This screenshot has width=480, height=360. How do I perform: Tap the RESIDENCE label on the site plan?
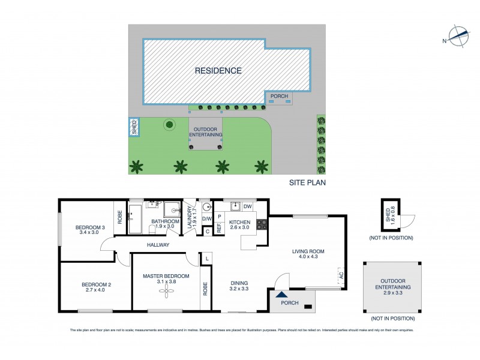(x=218, y=71)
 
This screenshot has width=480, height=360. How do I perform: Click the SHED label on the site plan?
(x=134, y=127)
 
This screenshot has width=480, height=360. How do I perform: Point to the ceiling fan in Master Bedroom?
(x=166, y=292)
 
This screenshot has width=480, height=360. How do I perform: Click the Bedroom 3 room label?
(x=90, y=227)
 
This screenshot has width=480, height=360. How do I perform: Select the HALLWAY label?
(x=158, y=245)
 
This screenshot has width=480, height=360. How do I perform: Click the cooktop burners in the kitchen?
(x=262, y=224)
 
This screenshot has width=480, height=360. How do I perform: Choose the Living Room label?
(x=308, y=251)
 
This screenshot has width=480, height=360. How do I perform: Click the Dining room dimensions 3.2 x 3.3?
(x=239, y=289)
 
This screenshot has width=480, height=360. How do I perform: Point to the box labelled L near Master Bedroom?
(x=206, y=258)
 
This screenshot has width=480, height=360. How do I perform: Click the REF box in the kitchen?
(x=219, y=228)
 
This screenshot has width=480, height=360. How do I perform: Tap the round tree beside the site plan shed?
(x=169, y=125)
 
